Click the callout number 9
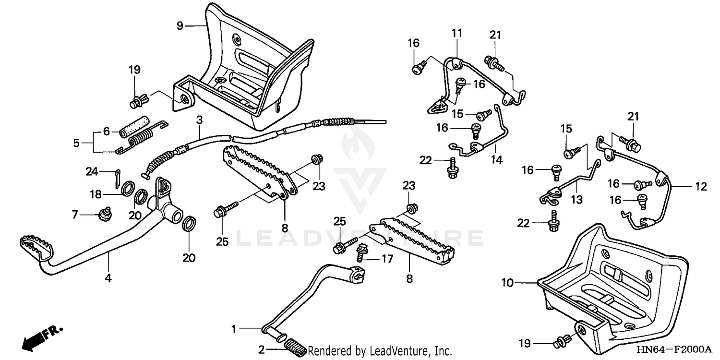pos(180,25)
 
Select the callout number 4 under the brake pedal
pos(108,277)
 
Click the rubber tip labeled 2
pos(295,346)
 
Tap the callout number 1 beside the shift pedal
pos(234,329)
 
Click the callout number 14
pos(497,160)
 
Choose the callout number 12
pos(701,187)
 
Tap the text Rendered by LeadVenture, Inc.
pos(380,350)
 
